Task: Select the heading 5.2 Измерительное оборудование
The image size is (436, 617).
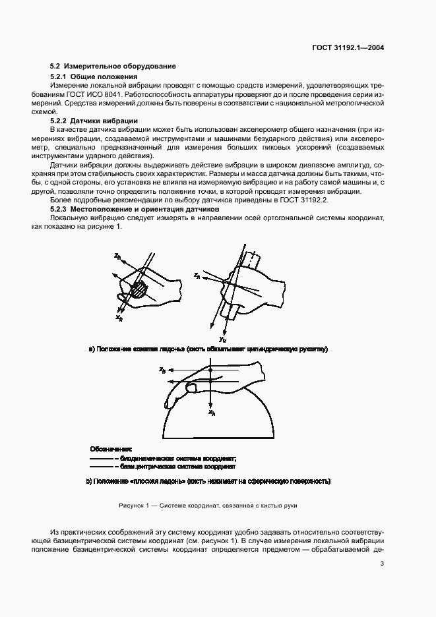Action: tap(113, 66)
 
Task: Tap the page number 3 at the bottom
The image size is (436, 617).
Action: tap(383, 563)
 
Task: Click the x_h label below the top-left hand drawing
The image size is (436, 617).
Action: tap(119, 317)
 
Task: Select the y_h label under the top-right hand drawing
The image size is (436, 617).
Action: tap(223, 338)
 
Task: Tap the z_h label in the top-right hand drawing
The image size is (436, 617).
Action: tap(197, 276)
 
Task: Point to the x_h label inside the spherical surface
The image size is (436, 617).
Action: tap(212, 413)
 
